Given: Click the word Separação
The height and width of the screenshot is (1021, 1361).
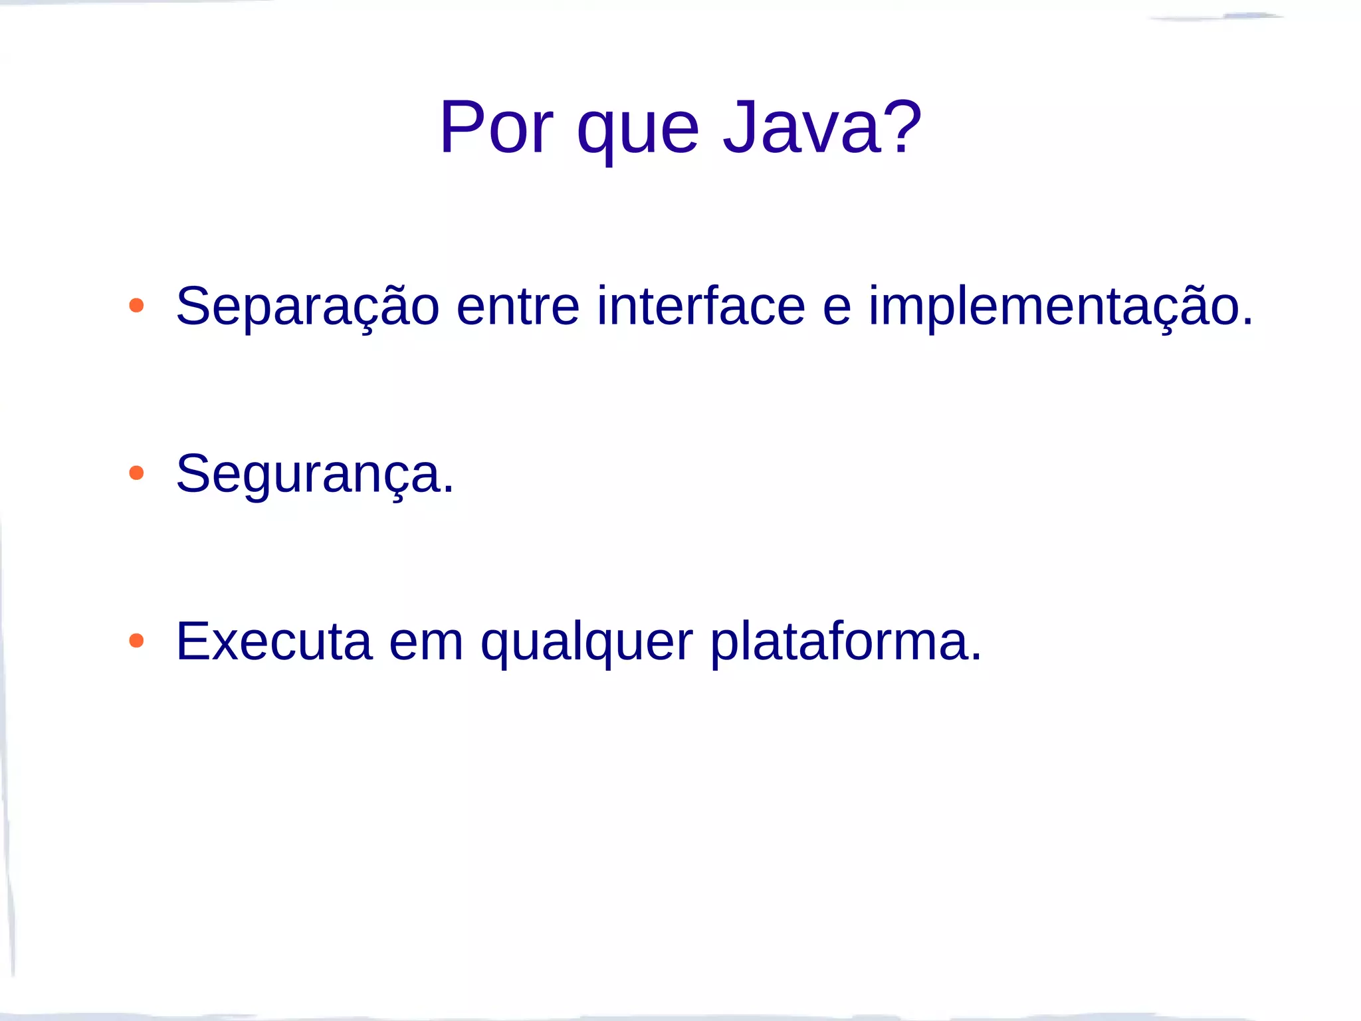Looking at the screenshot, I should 308,307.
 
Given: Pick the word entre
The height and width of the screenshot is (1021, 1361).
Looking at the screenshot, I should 518,307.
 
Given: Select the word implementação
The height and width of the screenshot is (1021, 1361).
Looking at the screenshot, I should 1053,307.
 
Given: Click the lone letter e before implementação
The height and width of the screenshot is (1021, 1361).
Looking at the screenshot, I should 837,310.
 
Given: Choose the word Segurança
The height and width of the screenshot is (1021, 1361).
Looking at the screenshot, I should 308,475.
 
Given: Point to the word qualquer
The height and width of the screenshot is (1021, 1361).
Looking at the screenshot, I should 587,643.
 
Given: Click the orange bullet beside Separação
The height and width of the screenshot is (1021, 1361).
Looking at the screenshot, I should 136,306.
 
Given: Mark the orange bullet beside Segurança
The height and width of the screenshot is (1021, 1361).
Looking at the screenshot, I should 136,473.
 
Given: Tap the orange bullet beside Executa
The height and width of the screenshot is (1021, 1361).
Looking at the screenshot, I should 136,641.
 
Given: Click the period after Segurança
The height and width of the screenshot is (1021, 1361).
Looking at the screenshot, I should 449,490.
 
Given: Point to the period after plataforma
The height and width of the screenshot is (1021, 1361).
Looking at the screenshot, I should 976,657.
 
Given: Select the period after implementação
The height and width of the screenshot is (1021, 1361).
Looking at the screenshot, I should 1247,322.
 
